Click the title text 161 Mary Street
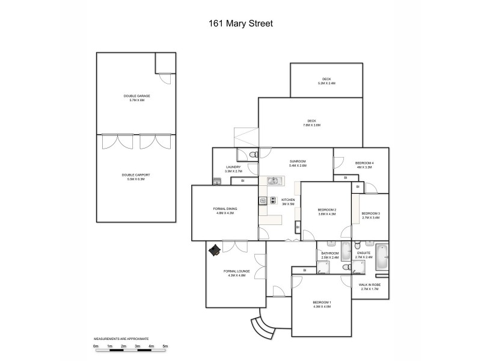pyautogui.click(x=240, y=25)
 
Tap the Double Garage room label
pyautogui.click(x=136, y=98)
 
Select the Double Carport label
pyautogui.click(x=136, y=176)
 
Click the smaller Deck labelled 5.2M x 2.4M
pyautogui.click(x=326, y=81)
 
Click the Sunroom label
pyautogui.click(x=298, y=163)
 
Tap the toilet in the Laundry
pyautogui.click(x=253, y=155)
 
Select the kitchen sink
pyautogui.click(x=274, y=180)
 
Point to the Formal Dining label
pyautogui.click(x=225, y=210)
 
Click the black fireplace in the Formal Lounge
pyautogui.click(x=214, y=250)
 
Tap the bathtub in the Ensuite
pyautogui.click(x=382, y=258)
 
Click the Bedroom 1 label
pyautogui.click(x=322, y=304)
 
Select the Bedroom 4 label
pyautogui.click(x=364, y=165)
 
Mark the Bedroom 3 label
pyautogui.click(x=370, y=215)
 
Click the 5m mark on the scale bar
pyautogui.click(x=165, y=347)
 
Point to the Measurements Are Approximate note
pyautogui.click(x=121, y=339)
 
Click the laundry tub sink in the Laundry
pyautogui.click(x=217, y=181)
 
